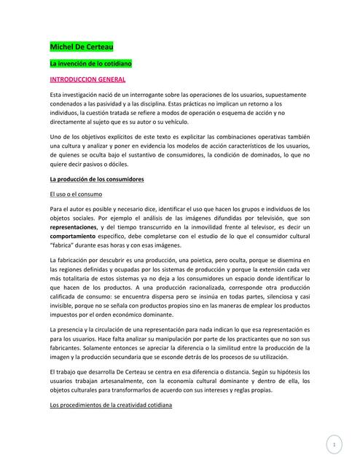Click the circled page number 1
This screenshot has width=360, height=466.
333,443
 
